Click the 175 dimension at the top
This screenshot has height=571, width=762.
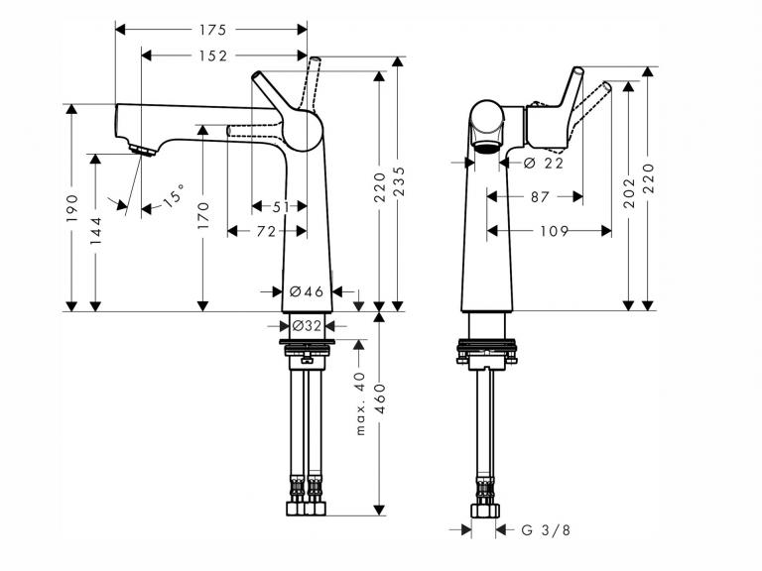pyautogui.click(x=212, y=30)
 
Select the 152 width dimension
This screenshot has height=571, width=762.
pyautogui.click(x=212, y=56)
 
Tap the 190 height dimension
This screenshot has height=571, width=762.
pyautogui.click(x=71, y=208)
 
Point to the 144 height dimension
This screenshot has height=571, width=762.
pyautogui.click(x=95, y=230)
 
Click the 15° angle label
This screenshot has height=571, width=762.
pyautogui.click(x=174, y=194)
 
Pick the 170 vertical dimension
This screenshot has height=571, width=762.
pyautogui.click(x=203, y=215)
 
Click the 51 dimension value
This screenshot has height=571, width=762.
pyautogui.click(x=281, y=207)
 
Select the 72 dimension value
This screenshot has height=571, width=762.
pyautogui.click(x=266, y=232)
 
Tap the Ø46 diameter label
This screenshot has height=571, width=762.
pyautogui.click(x=307, y=291)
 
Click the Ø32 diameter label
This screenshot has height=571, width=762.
pyautogui.click(x=308, y=326)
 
